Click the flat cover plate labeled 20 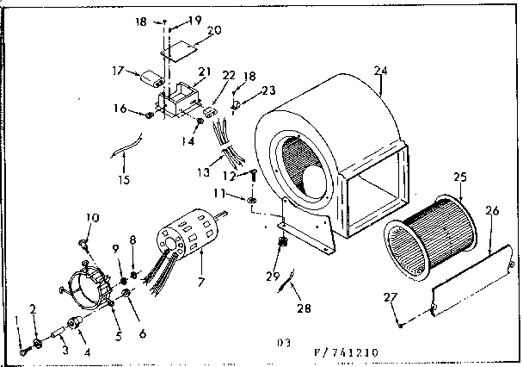(x=182, y=49)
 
